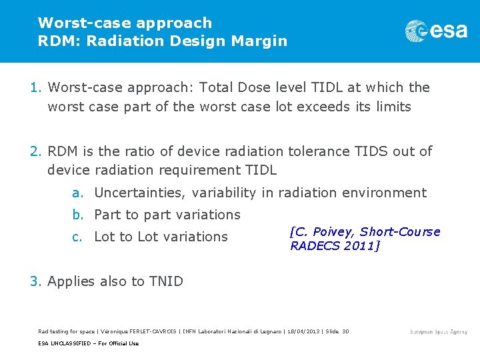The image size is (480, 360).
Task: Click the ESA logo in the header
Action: click(x=436, y=31)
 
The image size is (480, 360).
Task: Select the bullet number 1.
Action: click(x=36, y=87)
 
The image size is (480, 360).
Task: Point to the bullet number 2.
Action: click(x=36, y=151)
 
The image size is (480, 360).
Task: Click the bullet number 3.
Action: click(x=36, y=281)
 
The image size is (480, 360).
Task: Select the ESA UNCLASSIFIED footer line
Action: click(x=89, y=343)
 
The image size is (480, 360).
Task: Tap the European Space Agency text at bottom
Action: click(x=439, y=331)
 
